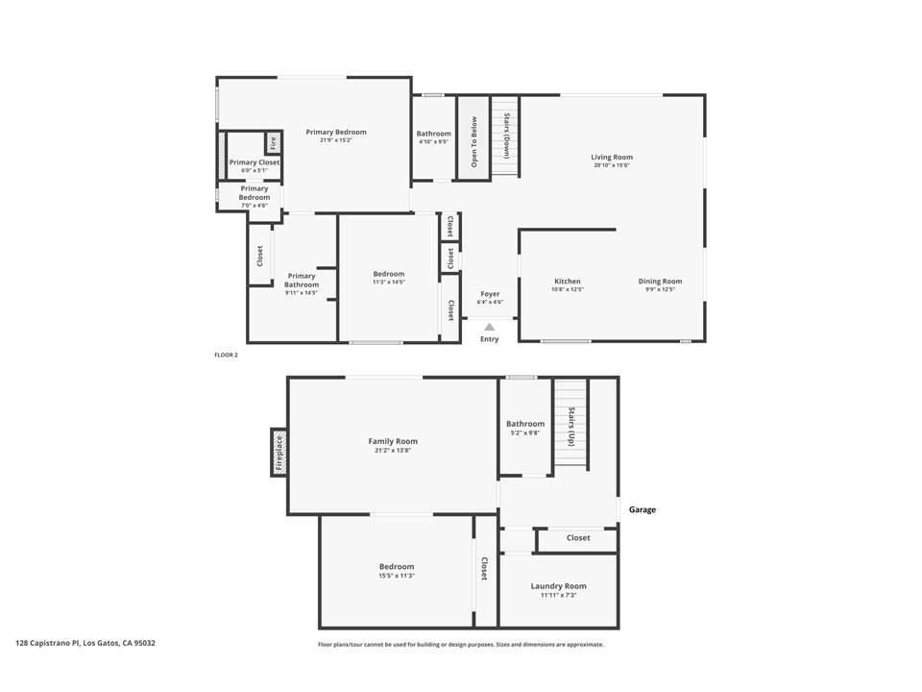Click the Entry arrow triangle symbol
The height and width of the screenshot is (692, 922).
pyautogui.click(x=489, y=328)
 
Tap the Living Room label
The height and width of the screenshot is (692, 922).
pyautogui.click(x=612, y=158)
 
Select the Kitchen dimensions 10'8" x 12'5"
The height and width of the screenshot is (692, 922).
pyautogui.click(x=567, y=289)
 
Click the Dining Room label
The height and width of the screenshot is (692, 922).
pyautogui.click(x=660, y=282)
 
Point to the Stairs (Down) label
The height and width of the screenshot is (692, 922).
pyautogui.click(x=506, y=136)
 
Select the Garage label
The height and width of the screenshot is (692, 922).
pyautogui.click(x=643, y=509)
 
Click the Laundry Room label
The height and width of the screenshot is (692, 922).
pyautogui.click(x=558, y=586)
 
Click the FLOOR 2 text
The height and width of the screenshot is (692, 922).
pyautogui.click(x=226, y=355)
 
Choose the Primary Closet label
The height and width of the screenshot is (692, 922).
pyautogui.click(x=255, y=162)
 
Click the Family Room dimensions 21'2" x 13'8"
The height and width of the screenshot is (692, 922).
pyautogui.click(x=393, y=450)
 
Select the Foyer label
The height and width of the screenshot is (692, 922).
pyautogui.click(x=490, y=294)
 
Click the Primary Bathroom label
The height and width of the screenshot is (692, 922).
pyautogui.click(x=301, y=280)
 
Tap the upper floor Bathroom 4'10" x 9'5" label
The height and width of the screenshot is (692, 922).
pyautogui.click(x=433, y=134)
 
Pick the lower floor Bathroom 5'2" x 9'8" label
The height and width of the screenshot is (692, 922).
pyautogui.click(x=525, y=424)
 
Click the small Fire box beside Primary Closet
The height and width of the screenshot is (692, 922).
pyautogui.click(x=273, y=143)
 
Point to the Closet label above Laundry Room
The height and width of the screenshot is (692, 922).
pyautogui.click(x=578, y=538)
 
